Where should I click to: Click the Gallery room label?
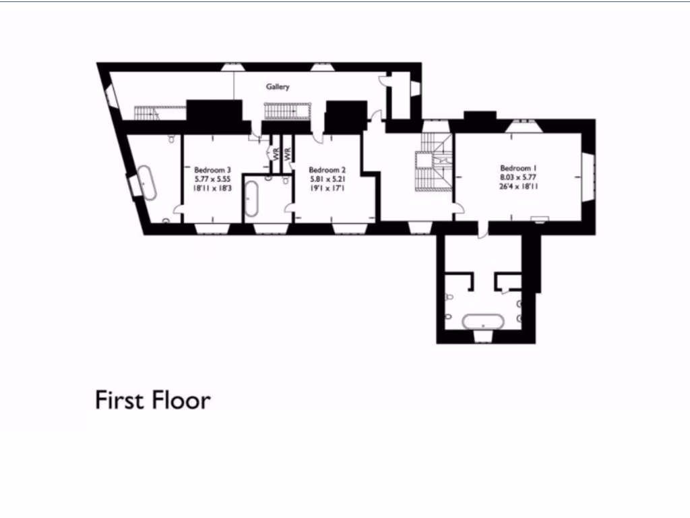click(x=278, y=87)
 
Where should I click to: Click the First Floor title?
click(x=153, y=400)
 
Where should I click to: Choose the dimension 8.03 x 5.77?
click(x=518, y=177)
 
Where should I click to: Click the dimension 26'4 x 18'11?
click(x=518, y=188)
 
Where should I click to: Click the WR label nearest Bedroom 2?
click(x=288, y=154)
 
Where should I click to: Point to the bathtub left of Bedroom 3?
click(x=148, y=182)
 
